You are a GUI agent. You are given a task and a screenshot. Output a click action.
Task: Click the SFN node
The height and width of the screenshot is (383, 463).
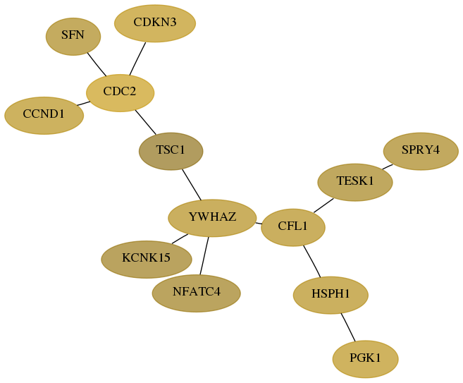(x=73, y=37)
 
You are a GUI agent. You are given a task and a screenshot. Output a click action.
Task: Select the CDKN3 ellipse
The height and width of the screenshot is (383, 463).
(x=155, y=23)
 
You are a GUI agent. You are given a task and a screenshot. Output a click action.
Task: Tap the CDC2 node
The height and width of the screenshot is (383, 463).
(x=121, y=93)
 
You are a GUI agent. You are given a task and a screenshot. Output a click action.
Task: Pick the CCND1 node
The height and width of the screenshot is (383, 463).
(x=44, y=116)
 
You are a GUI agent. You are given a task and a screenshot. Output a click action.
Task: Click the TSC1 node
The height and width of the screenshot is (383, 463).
(x=171, y=152)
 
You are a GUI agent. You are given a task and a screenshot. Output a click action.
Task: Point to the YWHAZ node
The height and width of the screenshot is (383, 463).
(x=212, y=218)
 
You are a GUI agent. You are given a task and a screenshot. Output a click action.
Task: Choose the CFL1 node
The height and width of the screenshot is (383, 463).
(x=293, y=227)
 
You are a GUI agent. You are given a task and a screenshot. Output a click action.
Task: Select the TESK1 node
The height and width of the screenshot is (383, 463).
(x=355, y=183)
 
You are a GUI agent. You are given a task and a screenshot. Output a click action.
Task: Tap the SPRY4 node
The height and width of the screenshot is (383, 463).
(x=421, y=152)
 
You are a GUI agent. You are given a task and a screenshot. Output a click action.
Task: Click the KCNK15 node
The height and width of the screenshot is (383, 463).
(x=147, y=260)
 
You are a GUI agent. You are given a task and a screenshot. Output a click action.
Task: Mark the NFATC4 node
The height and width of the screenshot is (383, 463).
(x=197, y=293)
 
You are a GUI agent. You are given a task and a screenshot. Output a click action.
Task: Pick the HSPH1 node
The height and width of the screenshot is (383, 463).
(x=331, y=295)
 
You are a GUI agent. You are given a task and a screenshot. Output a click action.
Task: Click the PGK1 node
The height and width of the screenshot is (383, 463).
(x=366, y=359)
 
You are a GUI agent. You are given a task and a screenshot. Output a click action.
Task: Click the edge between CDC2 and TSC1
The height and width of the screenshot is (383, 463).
(x=145, y=122)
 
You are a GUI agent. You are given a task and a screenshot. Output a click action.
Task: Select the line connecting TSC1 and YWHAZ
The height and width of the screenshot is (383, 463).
(x=192, y=185)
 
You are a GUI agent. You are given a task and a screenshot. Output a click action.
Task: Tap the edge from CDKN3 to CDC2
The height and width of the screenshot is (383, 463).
(x=137, y=59)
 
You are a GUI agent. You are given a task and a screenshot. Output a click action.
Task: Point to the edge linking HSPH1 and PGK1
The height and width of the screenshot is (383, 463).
(x=348, y=327)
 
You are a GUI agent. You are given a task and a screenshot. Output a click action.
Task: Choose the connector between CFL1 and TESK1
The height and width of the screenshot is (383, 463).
(x=323, y=205)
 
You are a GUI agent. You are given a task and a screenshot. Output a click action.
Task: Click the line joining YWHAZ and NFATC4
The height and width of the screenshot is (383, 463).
(x=204, y=255)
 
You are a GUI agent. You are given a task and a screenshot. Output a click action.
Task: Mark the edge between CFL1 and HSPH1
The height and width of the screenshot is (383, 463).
(x=312, y=261)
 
